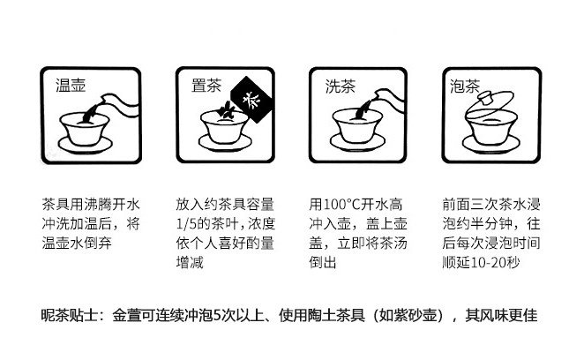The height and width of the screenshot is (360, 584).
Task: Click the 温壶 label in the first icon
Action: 71,86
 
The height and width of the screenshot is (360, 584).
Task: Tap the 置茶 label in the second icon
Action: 206,86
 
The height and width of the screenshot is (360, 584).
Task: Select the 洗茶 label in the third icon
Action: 340,86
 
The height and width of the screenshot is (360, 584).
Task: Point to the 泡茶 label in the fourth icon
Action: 465,86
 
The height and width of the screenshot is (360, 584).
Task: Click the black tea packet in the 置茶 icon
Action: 252,100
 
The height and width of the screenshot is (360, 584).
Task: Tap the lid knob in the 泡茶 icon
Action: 486,99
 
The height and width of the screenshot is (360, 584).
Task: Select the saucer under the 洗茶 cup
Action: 357,143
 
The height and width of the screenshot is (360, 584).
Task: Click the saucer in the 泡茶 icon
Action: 490,144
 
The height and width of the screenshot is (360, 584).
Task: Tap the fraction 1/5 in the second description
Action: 186,224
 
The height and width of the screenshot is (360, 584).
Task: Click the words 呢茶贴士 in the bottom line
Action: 70,316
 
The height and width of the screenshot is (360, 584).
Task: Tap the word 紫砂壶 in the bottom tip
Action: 414,316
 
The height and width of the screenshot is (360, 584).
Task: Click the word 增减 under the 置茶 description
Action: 190,263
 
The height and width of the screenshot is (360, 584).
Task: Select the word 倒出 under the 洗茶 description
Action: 323,263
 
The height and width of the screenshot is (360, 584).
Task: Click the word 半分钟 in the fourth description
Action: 491,224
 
